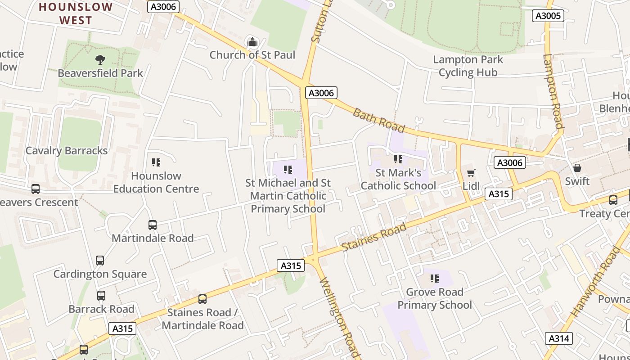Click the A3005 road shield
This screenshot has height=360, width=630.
(548, 16)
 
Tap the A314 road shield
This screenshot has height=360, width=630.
(559, 338)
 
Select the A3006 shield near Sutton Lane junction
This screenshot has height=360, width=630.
(321, 93)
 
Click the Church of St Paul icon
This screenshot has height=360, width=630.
(252, 42)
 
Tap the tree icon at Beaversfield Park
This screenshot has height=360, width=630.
(100, 59)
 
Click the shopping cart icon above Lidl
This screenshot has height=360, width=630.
(471, 173)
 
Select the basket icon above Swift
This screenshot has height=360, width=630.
(577, 168)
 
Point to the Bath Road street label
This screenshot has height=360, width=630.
(378, 120)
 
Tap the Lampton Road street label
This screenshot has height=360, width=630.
(553, 92)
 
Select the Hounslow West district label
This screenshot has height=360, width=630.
(76, 13)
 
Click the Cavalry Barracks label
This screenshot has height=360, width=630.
(67, 151)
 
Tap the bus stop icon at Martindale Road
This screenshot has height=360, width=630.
(153, 225)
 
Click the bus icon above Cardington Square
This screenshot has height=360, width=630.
(100, 260)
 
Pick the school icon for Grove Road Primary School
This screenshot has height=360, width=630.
(434, 279)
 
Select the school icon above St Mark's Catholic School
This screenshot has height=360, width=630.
(398, 159)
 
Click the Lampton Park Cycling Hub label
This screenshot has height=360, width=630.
(468, 66)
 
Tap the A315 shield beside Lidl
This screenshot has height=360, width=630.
(499, 194)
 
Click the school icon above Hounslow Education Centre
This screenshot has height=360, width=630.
(156, 162)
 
